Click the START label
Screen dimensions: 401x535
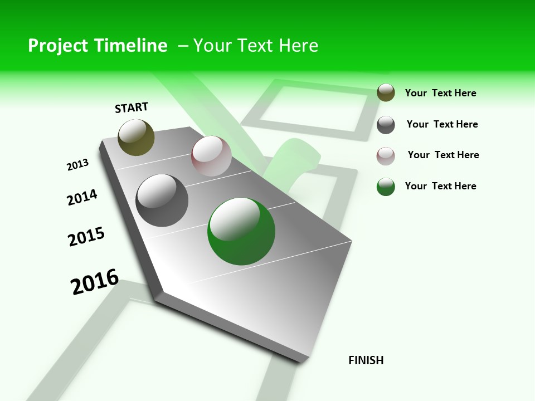[x=132, y=107]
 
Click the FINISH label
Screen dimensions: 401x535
[x=366, y=360]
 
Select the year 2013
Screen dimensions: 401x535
[x=77, y=165]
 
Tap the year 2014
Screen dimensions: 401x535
[x=82, y=198]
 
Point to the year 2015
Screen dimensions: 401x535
[x=86, y=237]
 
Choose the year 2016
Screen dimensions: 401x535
[x=95, y=281]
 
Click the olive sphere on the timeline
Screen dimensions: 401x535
[x=136, y=137]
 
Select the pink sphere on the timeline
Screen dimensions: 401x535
[x=211, y=156]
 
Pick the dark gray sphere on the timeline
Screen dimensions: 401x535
[x=162, y=200]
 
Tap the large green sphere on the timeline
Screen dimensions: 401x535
[x=241, y=232]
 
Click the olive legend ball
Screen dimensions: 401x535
[x=386, y=92]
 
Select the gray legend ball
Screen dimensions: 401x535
[x=386, y=125]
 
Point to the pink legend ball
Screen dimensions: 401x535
[x=386, y=156]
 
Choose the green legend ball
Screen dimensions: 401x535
[x=386, y=187]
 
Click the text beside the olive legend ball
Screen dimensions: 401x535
[x=440, y=93]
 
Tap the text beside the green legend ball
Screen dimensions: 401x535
[x=440, y=186]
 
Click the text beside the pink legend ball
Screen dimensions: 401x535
[x=443, y=155]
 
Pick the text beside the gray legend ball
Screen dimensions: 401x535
[x=442, y=124]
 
